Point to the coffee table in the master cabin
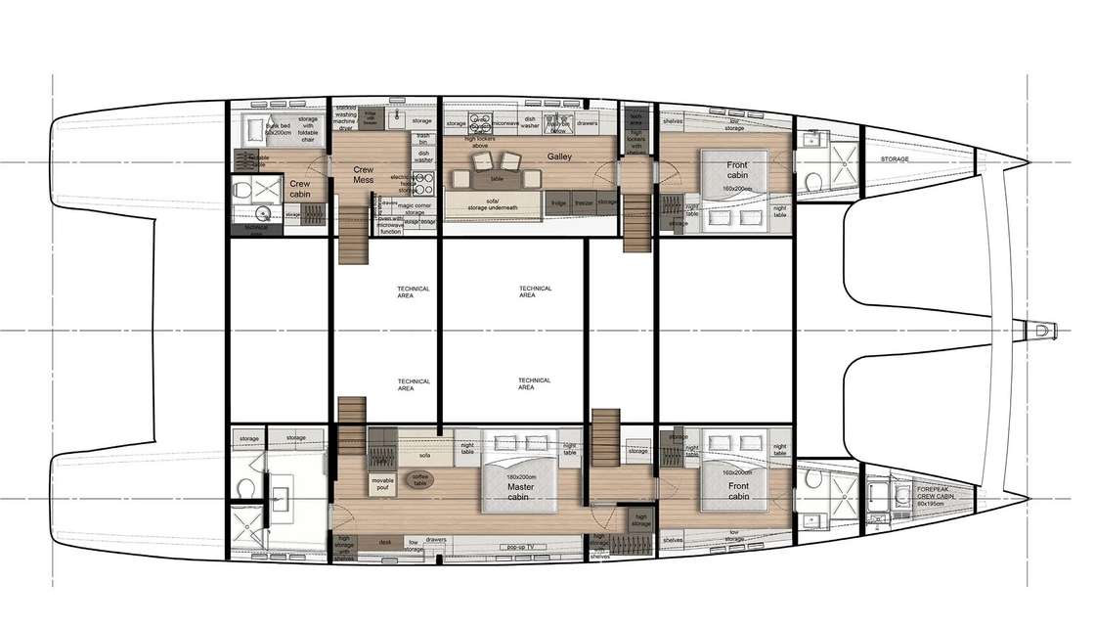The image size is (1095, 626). pyautogui.click(x=417, y=480)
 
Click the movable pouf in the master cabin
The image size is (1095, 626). pyautogui.click(x=383, y=483)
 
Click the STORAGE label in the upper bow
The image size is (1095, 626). pyautogui.click(x=894, y=159)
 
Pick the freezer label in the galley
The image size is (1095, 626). pyautogui.click(x=584, y=201)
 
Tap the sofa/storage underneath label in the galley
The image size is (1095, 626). pyautogui.click(x=491, y=203)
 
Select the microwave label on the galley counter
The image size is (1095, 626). pyautogui.click(x=504, y=124)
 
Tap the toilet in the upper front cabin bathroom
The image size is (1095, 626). pyautogui.click(x=811, y=184)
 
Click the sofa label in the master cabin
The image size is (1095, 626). pyautogui.click(x=424, y=455)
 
